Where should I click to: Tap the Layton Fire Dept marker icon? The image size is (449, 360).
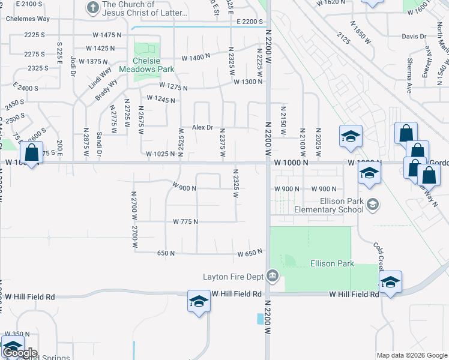pos(273,276)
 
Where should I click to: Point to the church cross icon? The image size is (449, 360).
pos(92,8)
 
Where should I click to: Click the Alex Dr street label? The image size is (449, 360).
pos(203,127)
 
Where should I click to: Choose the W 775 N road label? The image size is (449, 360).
pos(185,221)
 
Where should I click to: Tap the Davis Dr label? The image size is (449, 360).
pos(414,37)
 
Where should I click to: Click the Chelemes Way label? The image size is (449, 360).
pos(28,19)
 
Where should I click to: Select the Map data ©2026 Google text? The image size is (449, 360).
pos(412,355)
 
